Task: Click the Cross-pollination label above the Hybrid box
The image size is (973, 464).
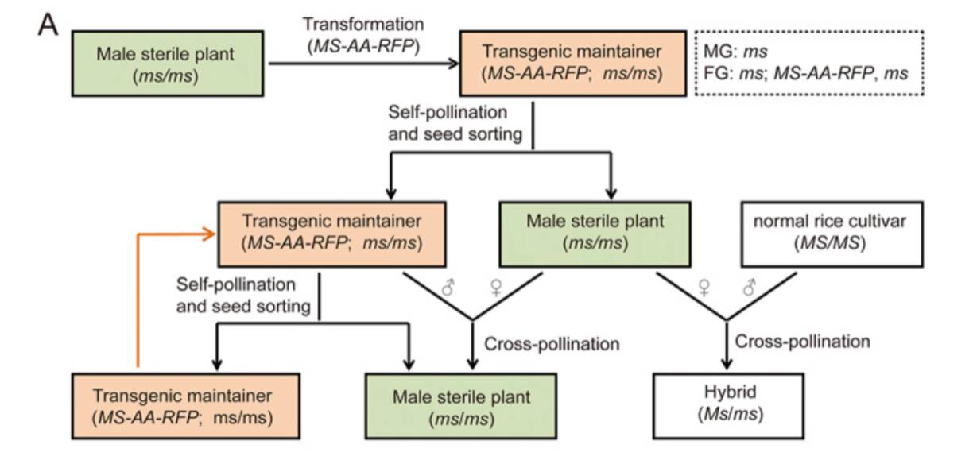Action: (802, 342)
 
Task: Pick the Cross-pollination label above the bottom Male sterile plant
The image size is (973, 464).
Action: (551, 344)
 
